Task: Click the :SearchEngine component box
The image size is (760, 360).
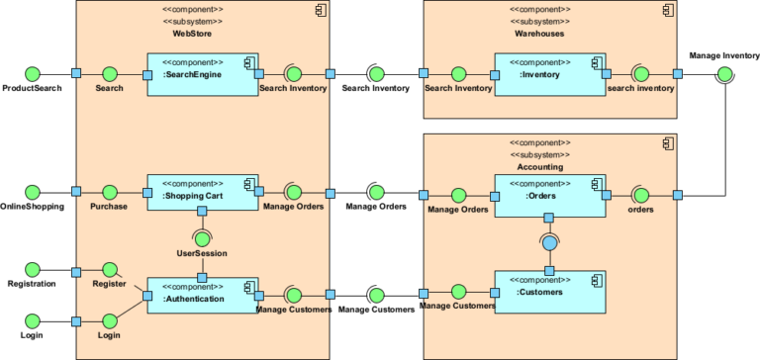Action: (203, 73)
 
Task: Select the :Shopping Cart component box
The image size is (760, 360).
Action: (203, 192)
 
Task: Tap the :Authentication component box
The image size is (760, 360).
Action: (203, 295)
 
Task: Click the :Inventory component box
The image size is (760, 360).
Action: (549, 73)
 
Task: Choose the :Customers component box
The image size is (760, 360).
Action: (549, 291)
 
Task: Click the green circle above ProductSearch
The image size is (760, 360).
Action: (32, 73)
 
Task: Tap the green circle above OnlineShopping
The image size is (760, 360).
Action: (32, 192)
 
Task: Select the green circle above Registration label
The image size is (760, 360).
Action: (32, 268)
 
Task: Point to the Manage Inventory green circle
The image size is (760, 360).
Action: (725, 74)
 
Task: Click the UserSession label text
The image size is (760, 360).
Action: (202, 253)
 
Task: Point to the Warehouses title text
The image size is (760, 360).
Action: (540, 34)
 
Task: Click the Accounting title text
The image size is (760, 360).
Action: (540, 168)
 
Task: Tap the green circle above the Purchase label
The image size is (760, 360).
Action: (109, 192)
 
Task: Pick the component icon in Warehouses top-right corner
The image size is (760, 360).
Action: (669, 11)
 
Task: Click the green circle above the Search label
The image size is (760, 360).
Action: (109, 73)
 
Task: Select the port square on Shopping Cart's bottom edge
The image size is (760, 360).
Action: (202, 211)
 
